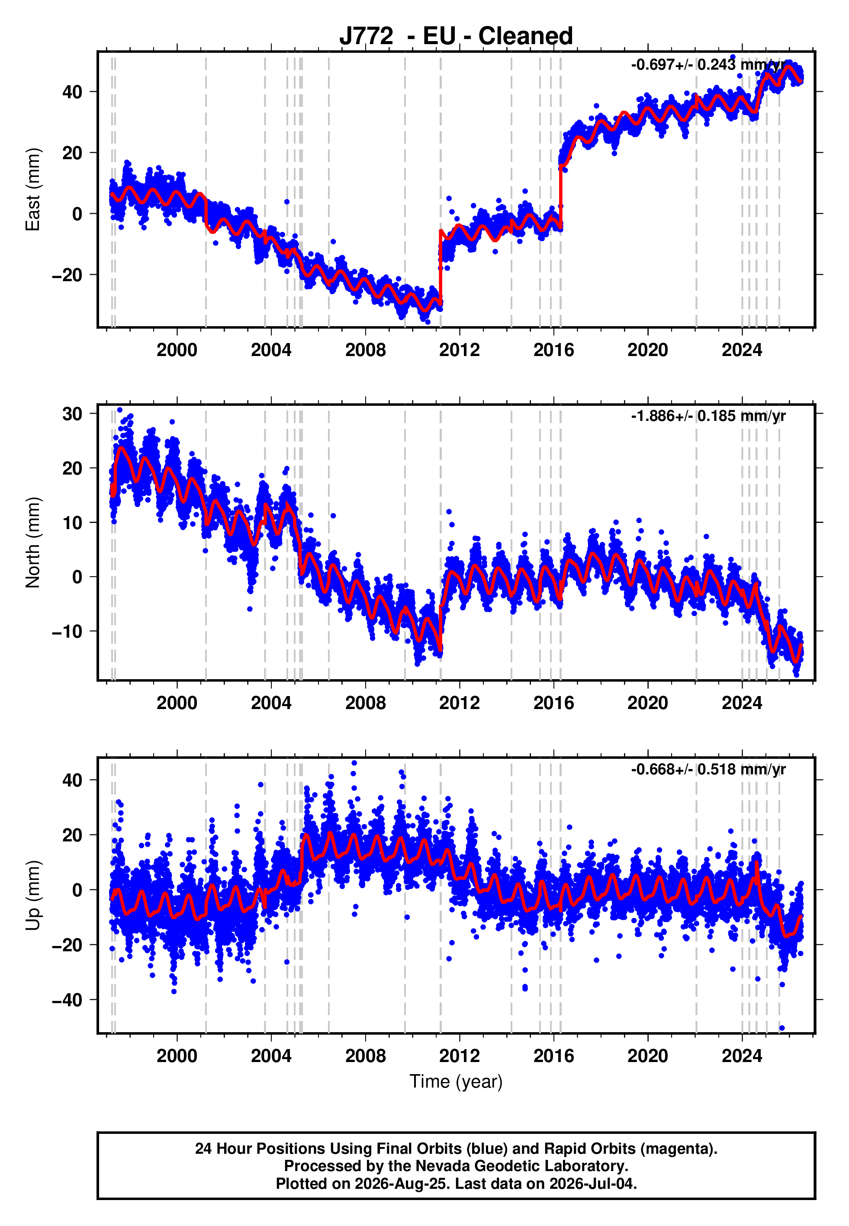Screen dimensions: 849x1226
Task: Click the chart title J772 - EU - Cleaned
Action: (456, 36)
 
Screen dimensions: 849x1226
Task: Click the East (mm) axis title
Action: (33, 189)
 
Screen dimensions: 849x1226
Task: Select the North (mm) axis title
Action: (33, 542)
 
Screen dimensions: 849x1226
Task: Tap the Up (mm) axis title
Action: (33, 895)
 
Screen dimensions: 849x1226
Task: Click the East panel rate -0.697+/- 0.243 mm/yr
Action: (708, 65)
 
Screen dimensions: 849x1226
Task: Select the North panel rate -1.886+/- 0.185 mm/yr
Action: (708, 416)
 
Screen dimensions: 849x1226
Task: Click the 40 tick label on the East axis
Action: (72, 92)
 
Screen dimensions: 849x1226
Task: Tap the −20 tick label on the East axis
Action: (67, 275)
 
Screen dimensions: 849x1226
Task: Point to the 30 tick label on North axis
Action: (72, 414)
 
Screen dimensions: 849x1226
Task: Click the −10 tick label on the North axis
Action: (67, 631)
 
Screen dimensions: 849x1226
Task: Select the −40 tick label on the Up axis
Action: (67, 1000)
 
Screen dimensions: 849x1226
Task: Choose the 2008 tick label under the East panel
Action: (366, 350)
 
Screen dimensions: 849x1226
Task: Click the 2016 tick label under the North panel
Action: (554, 703)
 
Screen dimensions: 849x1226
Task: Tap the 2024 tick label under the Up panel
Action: (742, 1056)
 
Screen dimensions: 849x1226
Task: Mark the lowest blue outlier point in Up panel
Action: (782, 1028)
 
